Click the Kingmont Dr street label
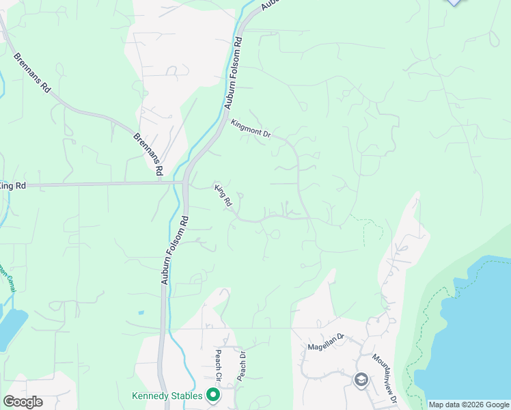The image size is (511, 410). pyautogui.click(x=251, y=129)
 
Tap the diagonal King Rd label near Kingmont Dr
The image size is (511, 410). pyautogui.click(x=223, y=195)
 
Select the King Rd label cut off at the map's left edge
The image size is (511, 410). pyautogui.click(x=12, y=186)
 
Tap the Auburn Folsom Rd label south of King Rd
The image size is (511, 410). pyautogui.click(x=176, y=249)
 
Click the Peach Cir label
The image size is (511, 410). pyautogui.click(x=219, y=366)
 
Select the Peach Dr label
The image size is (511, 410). pyautogui.click(x=240, y=366)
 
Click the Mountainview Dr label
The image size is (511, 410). pyautogui.click(x=385, y=375)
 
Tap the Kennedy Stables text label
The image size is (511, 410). pyautogui.click(x=167, y=396)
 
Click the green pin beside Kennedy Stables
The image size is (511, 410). pyautogui.click(x=213, y=394)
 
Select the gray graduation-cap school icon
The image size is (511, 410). pyautogui.click(x=361, y=379)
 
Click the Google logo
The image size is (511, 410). pyautogui.click(x=23, y=402)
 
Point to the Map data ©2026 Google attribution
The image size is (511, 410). pyautogui.click(x=468, y=405)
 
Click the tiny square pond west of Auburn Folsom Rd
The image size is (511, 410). pyautogui.click(x=141, y=313)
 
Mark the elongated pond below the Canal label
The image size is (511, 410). pyautogui.click(x=12, y=327)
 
